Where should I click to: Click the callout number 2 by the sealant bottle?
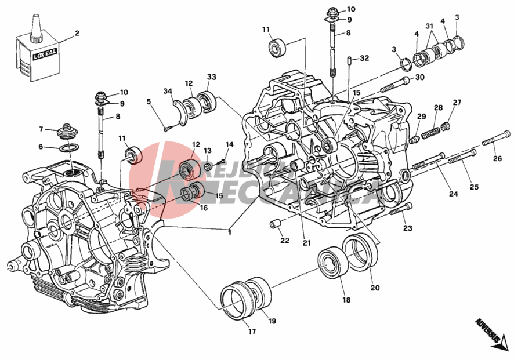tap(77, 33)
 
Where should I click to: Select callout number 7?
tap(41, 129)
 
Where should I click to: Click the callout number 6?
tap(41, 147)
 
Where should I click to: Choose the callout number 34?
tap(167, 91)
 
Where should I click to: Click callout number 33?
tap(211, 77)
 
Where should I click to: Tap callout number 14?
tap(229, 144)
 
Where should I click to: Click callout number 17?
tap(252, 332)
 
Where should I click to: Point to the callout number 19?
tap(272, 321)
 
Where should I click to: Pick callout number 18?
tap(346, 300)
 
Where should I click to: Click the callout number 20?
tap(375, 288)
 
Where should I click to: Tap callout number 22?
tap(284, 241)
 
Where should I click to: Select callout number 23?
tap(407, 228)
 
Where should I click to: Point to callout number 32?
tap(364, 59)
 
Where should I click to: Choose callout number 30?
tap(419, 78)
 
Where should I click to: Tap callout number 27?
tap(457, 103)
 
